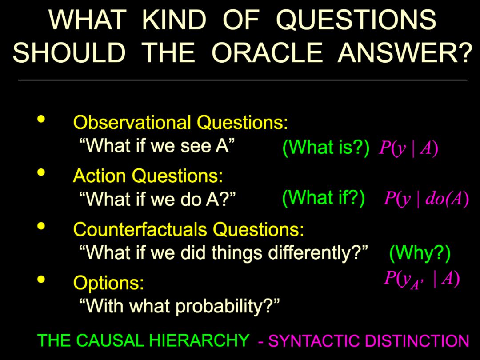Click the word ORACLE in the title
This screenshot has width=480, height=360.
267,52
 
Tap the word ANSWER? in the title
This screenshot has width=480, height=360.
405,52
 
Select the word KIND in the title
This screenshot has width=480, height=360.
174,20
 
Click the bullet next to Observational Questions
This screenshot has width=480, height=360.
41,119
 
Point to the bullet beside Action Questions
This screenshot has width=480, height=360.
41,172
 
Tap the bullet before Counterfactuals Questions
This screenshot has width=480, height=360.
41,226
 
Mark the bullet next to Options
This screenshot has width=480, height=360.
41,280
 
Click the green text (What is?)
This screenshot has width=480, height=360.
326,148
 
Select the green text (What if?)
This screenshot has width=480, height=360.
323,198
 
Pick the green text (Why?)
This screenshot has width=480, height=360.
420,253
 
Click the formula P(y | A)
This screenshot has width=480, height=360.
408,148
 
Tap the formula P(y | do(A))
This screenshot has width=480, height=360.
426,199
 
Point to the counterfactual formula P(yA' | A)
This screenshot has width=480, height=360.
422,280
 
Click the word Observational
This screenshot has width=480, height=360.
132,123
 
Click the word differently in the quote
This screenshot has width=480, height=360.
311,253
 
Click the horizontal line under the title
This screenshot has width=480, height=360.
243,80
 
